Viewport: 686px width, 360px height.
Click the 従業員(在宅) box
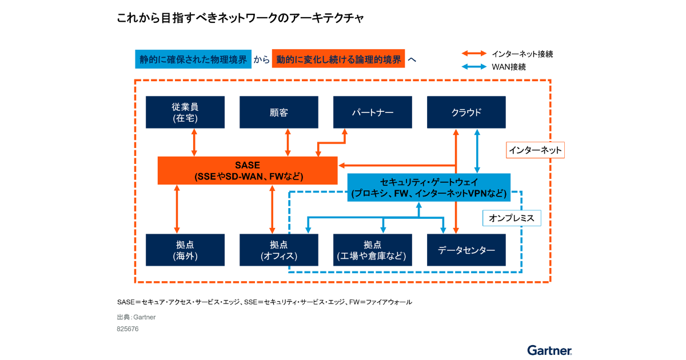tap(185, 112)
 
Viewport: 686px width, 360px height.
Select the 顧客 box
tap(278, 112)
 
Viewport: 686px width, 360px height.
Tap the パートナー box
tap(372, 112)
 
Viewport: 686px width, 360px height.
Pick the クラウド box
tap(466, 112)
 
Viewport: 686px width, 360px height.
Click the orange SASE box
tap(248, 170)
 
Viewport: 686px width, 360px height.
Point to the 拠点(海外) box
tap(185, 250)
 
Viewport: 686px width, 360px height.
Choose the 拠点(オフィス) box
tap(278, 250)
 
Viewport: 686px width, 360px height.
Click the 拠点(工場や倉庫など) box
tap(372, 250)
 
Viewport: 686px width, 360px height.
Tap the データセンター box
tap(466, 250)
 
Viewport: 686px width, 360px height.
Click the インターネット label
tap(536, 150)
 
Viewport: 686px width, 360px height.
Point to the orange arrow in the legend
tap(474, 54)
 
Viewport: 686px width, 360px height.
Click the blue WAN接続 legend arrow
tap(474, 67)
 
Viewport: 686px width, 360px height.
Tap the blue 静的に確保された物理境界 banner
tap(193, 59)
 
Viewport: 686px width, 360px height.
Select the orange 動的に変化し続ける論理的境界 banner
tap(338, 59)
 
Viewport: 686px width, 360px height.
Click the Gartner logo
tap(549, 350)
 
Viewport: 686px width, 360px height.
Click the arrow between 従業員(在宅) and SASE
tap(194, 142)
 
